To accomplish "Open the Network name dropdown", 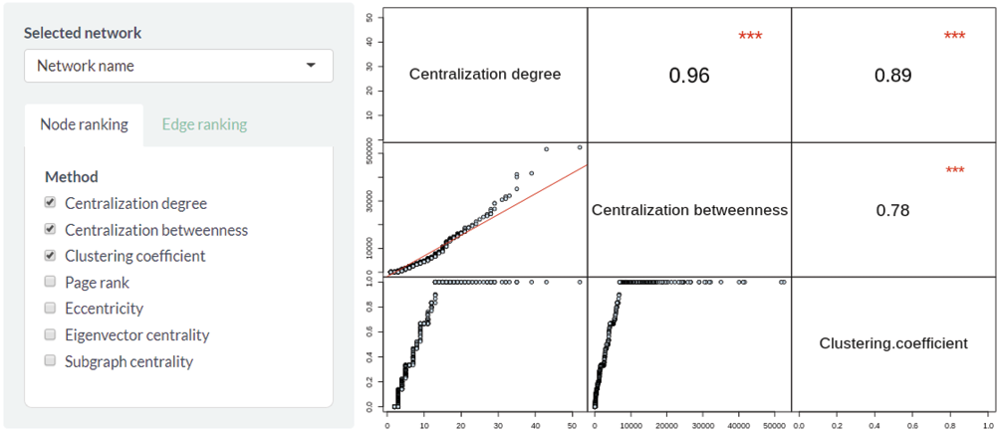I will pyautogui.click(x=178, y=66).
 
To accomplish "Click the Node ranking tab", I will pyautogui.click(x=84, y=124).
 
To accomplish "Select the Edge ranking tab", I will pyautogui.click(x=204, y=124).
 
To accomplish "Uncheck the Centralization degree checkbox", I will pyautogui.click(x=50, y=203).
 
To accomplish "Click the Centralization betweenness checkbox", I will pyautogui.click(x=50, y=230).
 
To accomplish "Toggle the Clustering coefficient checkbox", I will pyautogui.click(x=50, y=256).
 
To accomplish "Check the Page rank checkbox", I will pyautogui.click(x=50, y=283).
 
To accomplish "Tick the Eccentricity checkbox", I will pyautogui.click(x=50, y=309).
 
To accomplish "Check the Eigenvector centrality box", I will pyautogui.click(x=50, y=335).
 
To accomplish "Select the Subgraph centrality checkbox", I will pyautogui.click(x=50, y=361).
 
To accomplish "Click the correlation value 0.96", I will pyautogui.click(x=689, y=76).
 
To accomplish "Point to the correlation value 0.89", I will pyautogui.click(x=893, y=76).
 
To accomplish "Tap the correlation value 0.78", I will pyautogui.click(x=892, y=210).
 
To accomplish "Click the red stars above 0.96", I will pyautogui.click(x=750, y=37).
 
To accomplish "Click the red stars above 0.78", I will pyautogui.click(x=954, y=171).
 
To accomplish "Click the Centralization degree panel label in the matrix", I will pyautogui.click(x=485, y=74).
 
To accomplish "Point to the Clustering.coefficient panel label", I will pyautogui.click(x=893, y=343).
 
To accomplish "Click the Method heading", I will pyautogui.click(x=72, y=176).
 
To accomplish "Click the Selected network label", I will pyautogui.click(x=83, y=33).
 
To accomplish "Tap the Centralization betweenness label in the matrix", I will pyautogui.click(x=689, y=210).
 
